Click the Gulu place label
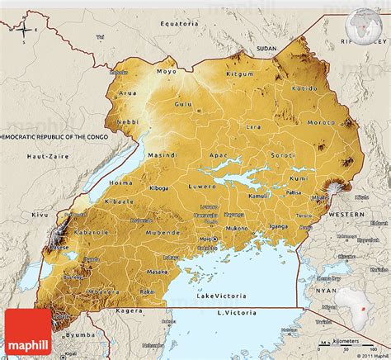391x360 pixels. [x=184, y=104]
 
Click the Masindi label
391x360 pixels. [x=162, y=155]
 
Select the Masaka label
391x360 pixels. [x=158, y=272]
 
